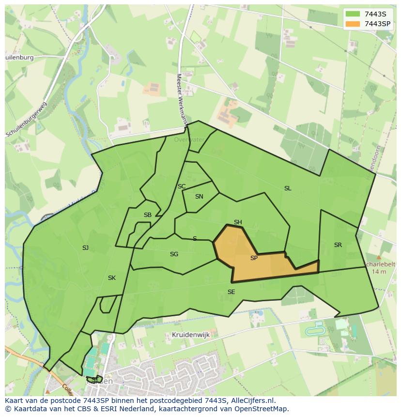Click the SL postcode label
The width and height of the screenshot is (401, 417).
click(288, 188)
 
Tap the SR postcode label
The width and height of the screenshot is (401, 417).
click(338, 245)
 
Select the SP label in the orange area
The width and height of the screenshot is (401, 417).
click(254, 258)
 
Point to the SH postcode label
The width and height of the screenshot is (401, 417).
click(238, 222)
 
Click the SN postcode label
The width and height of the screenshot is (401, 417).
click(199, 197)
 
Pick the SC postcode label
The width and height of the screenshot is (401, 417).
click(182, 186)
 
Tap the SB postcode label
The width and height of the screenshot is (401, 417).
click(148, 215)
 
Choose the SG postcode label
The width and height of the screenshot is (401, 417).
click(174, 254)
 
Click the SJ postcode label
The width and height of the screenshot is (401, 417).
click(85, 248)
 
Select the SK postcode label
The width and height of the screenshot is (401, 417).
click(112, 278)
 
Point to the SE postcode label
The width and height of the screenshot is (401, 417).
click(231, 292)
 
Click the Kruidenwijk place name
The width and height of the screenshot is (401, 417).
click(189, 335)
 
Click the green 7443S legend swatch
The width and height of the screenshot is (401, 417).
click(353, 14)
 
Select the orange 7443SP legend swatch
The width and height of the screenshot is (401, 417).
click(353, 24)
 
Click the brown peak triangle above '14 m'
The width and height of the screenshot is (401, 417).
click(379, 258)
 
